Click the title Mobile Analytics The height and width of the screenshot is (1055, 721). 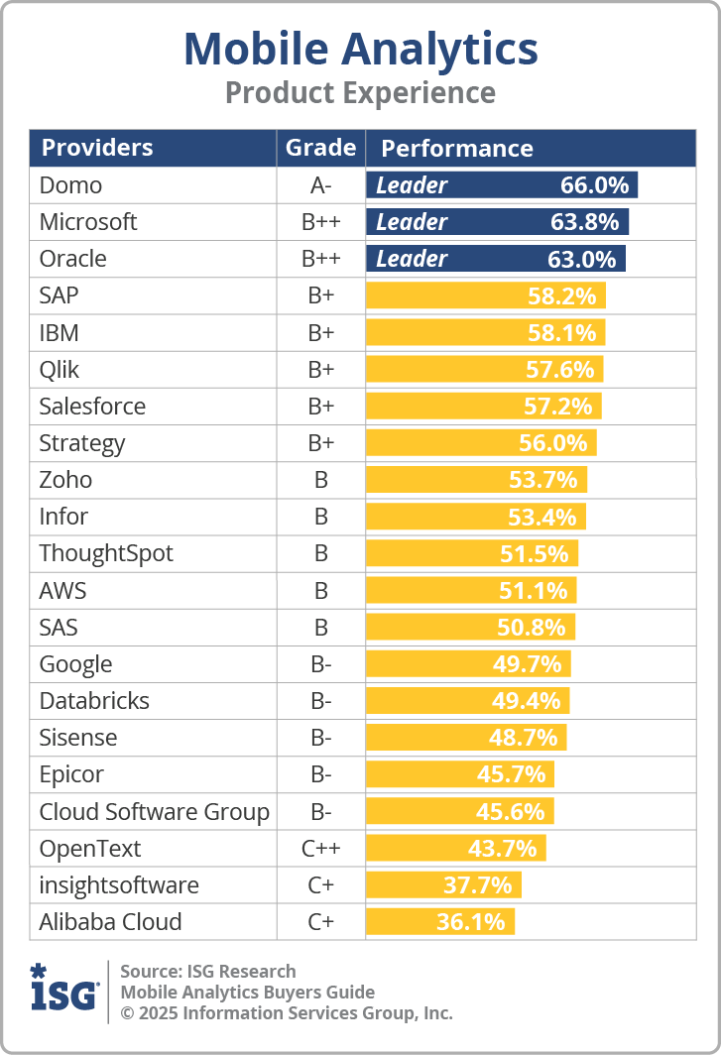[x=360, y=49]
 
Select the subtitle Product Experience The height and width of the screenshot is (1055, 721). [x=360, y=93]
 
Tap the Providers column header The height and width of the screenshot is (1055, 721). [x=97, y=149]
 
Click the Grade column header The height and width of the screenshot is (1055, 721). [x=320, y=148]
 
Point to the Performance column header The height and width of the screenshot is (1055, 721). [x=457, y=149]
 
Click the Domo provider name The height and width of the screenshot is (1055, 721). [x=70, y=185]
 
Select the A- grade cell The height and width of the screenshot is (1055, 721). [x=320, y=185]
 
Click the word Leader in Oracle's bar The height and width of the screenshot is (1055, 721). [x=412, y=259]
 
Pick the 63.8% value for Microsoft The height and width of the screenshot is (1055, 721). [x=584, y=222]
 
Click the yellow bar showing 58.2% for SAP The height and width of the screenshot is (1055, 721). [x=485, y=295]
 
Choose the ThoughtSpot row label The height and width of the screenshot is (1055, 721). [x=106, y=553]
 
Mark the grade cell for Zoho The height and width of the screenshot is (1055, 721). [x=320, y=480]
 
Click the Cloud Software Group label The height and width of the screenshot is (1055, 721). [x=154, y=812]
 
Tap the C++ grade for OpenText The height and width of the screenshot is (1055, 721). [x=320, y=849]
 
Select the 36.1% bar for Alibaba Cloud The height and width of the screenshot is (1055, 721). [x=440, y=922]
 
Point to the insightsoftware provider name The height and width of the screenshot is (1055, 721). [x=119, y=885]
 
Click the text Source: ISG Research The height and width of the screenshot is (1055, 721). [x=207, y=971]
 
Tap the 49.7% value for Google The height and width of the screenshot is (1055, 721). [x=527, y=663]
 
